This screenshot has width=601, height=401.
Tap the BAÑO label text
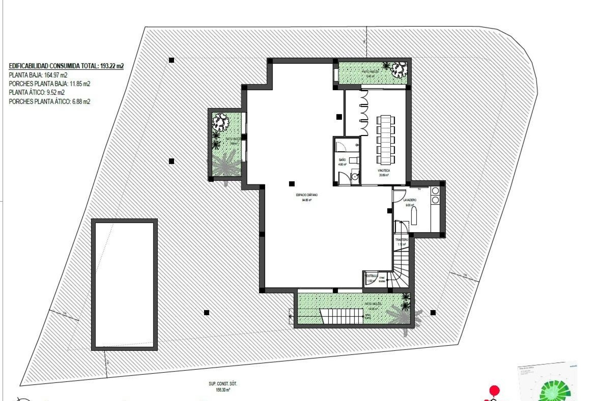[x=342, y=160]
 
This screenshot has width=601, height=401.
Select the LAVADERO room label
[x=410, y=200]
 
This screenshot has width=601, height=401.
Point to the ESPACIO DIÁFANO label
[x=307, y=195]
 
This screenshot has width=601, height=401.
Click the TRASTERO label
[x=402, y=240]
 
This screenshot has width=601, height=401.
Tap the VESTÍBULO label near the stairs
[x=372, y=276]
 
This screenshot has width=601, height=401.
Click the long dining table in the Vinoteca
[x=386, y=140]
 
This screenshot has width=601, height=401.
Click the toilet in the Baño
[x=352, y=160]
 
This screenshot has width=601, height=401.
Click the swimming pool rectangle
[x=124, y=284]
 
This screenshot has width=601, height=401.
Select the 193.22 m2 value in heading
[x=112, y=66]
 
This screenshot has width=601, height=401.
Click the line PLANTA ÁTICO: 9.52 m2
[x=37, y=92]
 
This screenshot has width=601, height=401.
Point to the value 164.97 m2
[x=56, y=75]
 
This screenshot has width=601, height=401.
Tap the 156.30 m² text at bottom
[x=223, y=390]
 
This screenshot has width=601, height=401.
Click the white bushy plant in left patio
[x=221, y=122]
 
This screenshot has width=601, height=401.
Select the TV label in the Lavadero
[x=419, y=189]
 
